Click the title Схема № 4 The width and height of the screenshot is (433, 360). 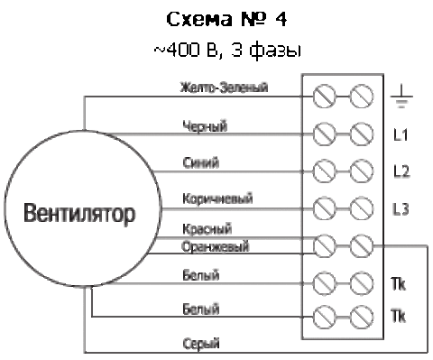[x=226, y=20]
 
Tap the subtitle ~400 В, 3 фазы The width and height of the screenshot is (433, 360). [x=227, y=51]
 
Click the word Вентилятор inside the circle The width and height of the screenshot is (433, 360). [x=79, y=214]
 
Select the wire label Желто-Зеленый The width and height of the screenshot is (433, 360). [x=224, y=88]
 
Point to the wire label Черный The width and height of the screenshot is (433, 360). [x=205, y=126]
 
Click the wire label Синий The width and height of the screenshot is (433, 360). [x=201, y=162]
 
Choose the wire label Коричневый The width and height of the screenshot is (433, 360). [x=217, y=198]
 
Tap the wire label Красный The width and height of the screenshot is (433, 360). [x=207, y=229]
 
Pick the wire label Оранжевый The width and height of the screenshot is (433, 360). [x=216, y=246]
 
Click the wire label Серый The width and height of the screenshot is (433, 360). [x=201, y=344]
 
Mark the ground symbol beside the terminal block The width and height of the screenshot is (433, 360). [x=401, y=97]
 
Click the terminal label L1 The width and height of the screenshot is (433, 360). [x=401, y=134]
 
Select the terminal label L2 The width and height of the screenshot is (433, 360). [x=401, y=171]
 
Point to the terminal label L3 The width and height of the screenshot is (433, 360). [x=401, y=208]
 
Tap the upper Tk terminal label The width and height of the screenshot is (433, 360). [x=398, y=283]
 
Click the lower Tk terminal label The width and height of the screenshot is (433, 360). [x=398, y=316]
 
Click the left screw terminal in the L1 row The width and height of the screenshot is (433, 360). [x=324, y=134]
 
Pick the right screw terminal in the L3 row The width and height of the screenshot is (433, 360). [x=362, y=208]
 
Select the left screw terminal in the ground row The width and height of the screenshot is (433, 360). [x=324, y=97]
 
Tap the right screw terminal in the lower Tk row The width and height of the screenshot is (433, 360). [x=362, y=317]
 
